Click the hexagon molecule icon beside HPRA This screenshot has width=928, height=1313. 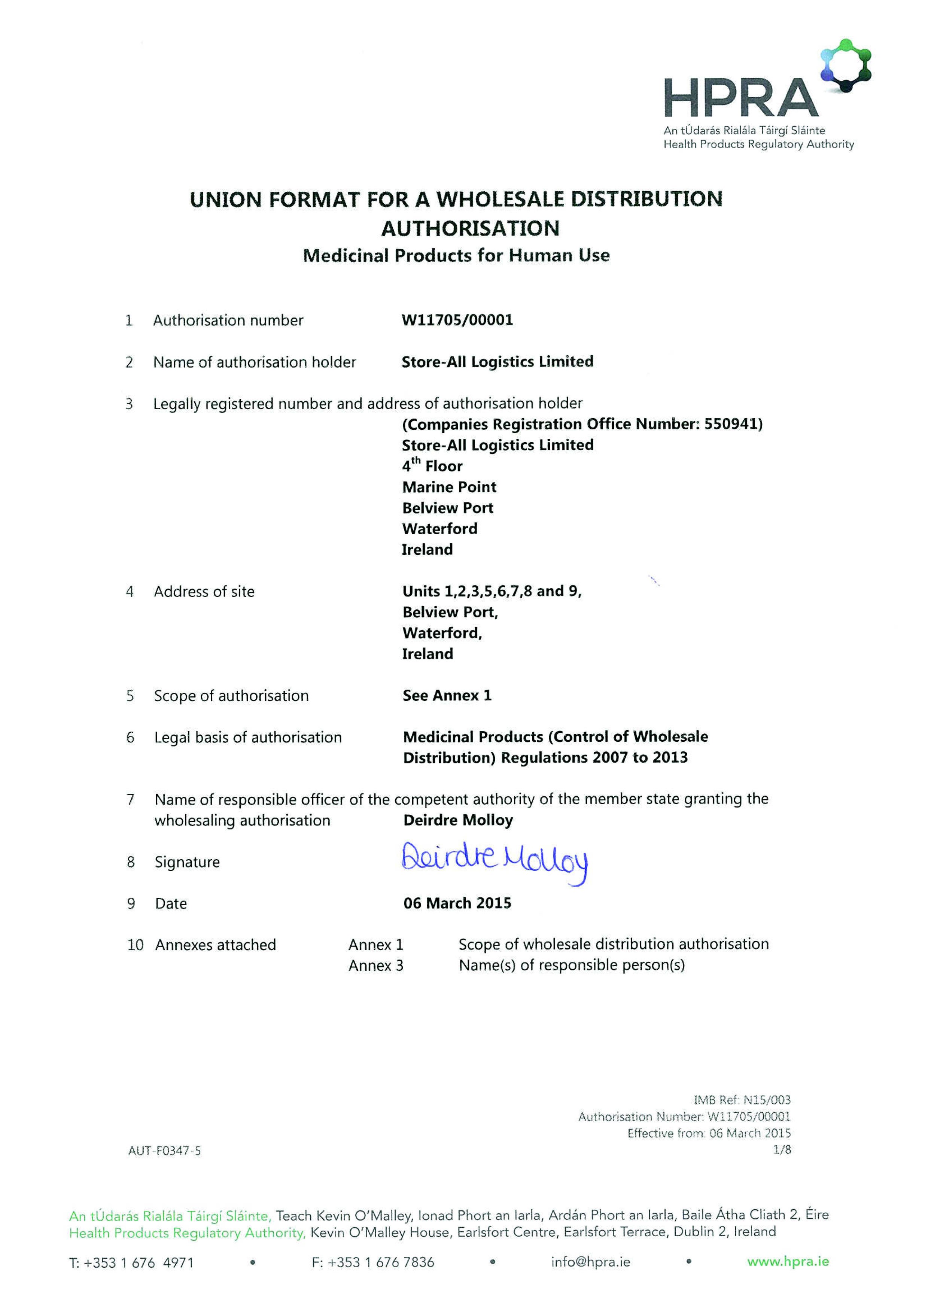click(x=846, y=66)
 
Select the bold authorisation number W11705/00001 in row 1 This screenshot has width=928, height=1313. click(x=457, y=320)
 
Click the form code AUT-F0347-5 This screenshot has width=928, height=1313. click(x=165, y=1151)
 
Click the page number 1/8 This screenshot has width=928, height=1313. click(x=782, y=1149)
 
